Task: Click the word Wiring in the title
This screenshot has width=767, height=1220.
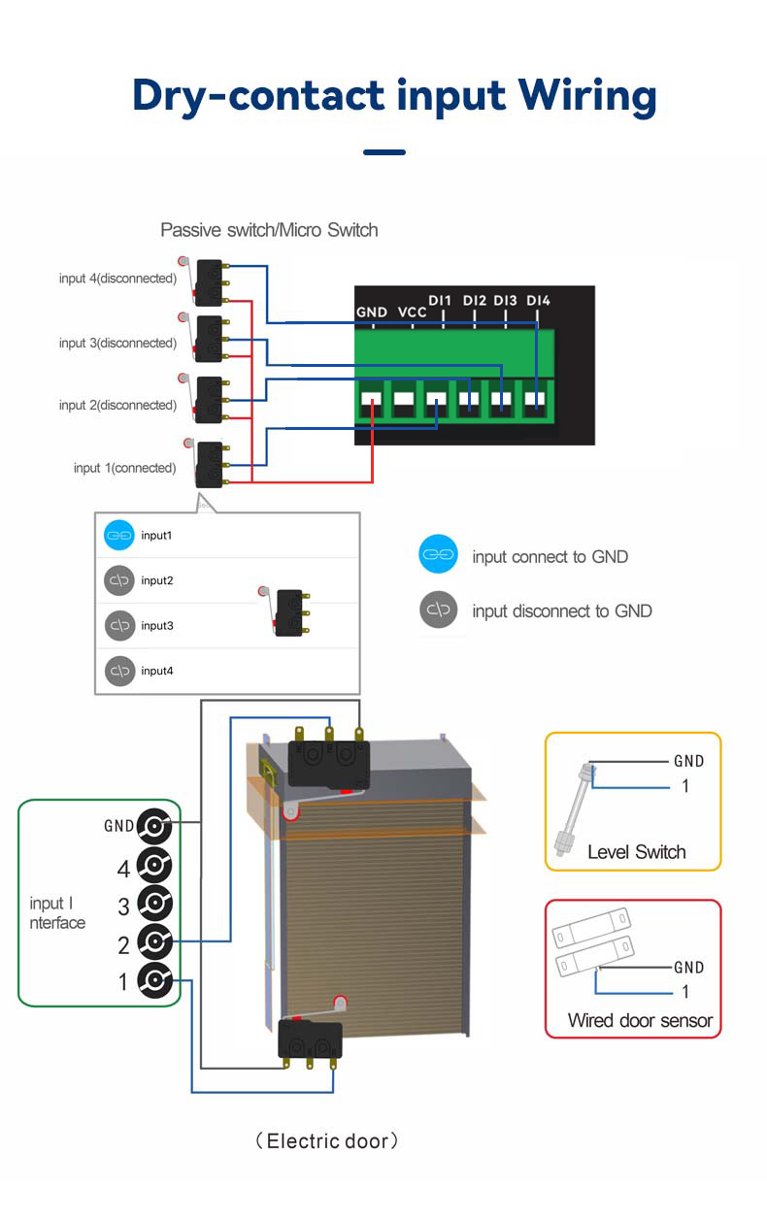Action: click(586, 97)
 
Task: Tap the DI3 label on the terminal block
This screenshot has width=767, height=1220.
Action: click(505, 301)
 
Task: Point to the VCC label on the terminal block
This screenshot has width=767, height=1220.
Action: click(412, 313)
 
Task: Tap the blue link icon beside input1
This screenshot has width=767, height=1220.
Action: click(118, 536)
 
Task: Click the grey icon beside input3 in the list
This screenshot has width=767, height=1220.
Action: click(119, 625)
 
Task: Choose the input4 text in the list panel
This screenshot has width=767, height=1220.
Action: click(157, 671)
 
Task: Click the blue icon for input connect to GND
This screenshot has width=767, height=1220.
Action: click(439, 554)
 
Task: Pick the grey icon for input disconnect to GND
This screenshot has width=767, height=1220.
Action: click(439, 610)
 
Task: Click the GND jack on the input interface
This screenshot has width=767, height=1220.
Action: click(154, 826)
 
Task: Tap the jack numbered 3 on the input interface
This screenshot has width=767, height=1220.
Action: click(154, 904)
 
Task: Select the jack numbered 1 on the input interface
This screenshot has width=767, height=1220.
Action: click(154, 980)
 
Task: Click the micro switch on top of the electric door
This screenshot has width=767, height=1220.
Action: click(327, 760)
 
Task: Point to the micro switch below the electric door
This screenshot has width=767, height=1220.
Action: click(311, 1035)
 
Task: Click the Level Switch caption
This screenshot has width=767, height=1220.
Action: click(636, 852)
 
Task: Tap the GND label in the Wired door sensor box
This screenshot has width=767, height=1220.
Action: click(688, 968)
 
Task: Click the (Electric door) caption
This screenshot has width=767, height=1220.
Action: click(327, 1141)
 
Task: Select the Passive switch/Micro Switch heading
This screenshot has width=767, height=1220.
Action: click(269, 230)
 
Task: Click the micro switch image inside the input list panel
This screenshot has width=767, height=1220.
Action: click(285, 611)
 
